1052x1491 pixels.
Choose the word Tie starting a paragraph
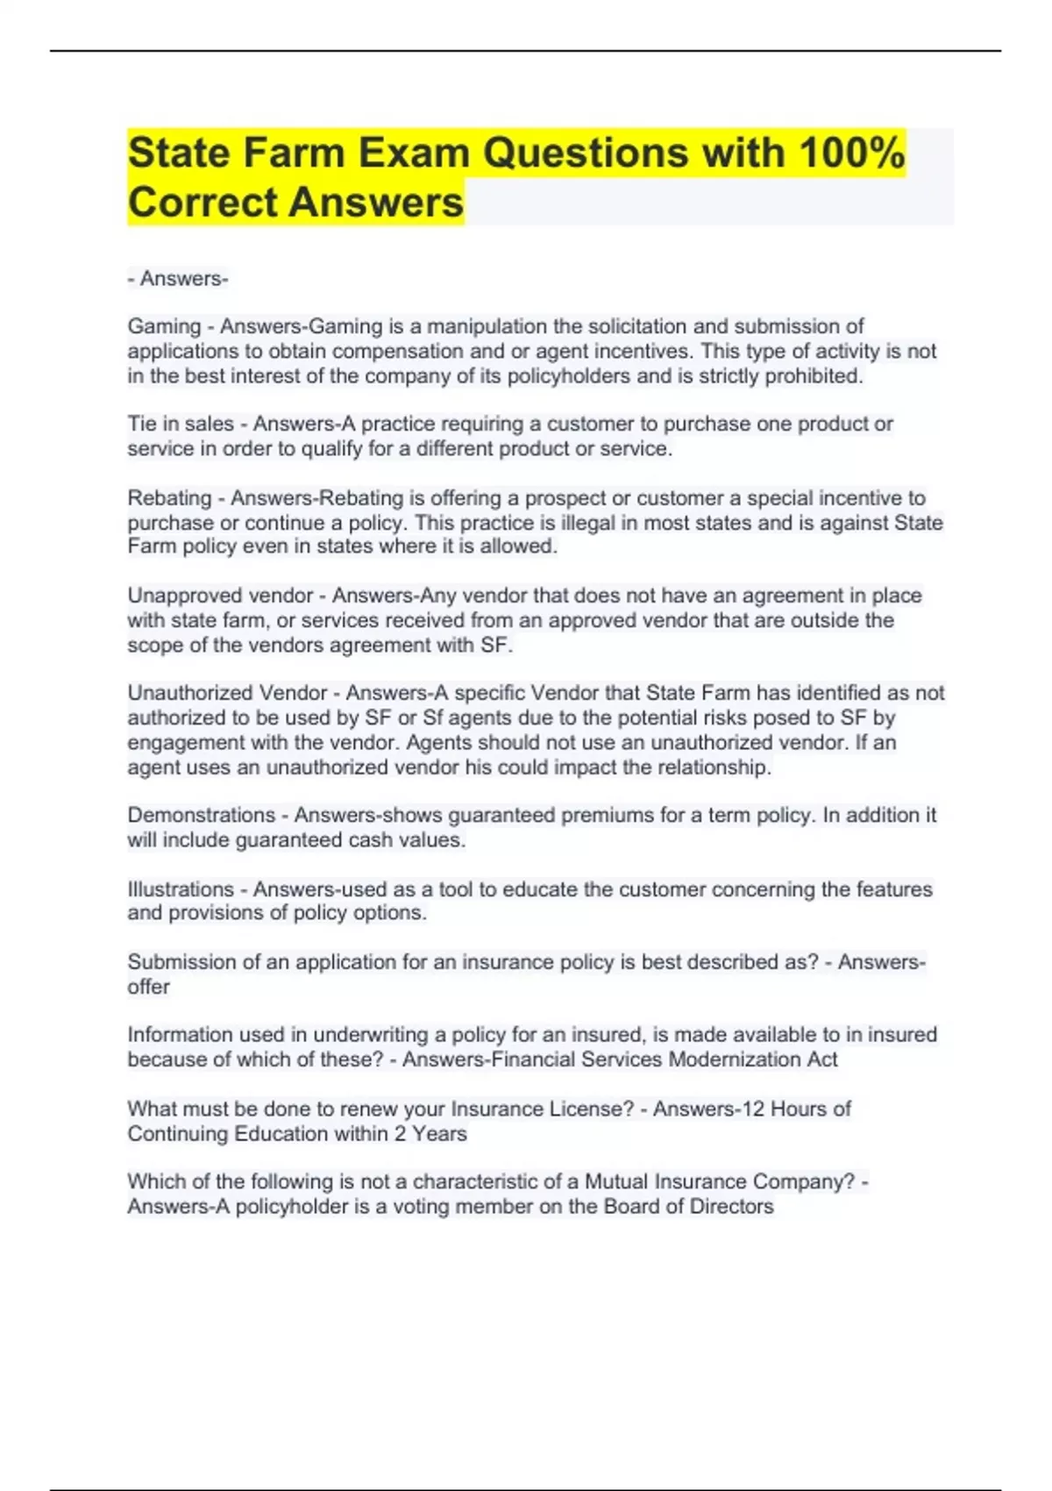tap(141, 424)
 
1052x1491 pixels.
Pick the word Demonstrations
tap(201, 815)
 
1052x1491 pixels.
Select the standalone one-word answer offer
tap(148, 987)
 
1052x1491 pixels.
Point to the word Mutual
tap(616, 1181)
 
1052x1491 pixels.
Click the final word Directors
tap(731, 1206)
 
